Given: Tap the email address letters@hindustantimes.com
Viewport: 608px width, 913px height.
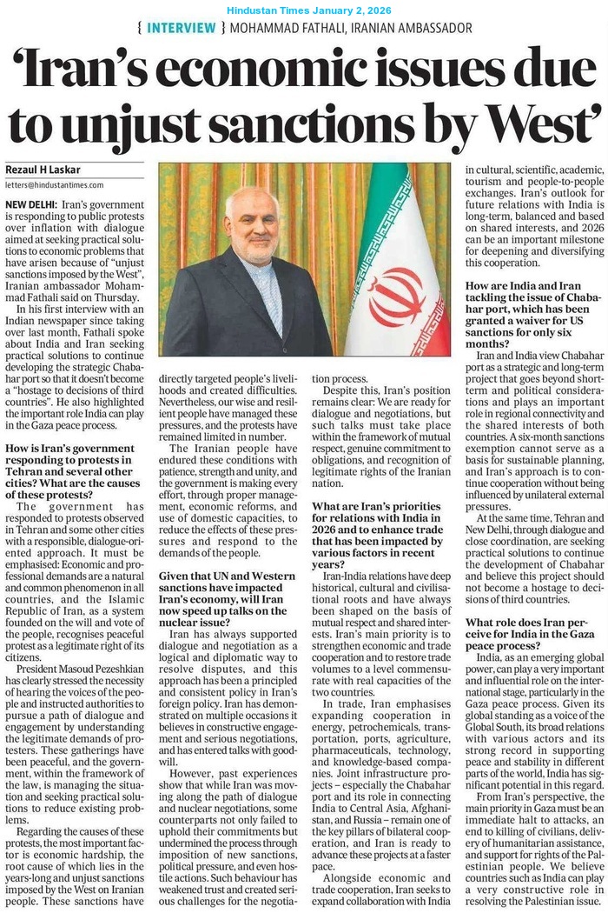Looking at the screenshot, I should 54,185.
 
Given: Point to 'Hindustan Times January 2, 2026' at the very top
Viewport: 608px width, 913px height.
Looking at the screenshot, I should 309,10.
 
